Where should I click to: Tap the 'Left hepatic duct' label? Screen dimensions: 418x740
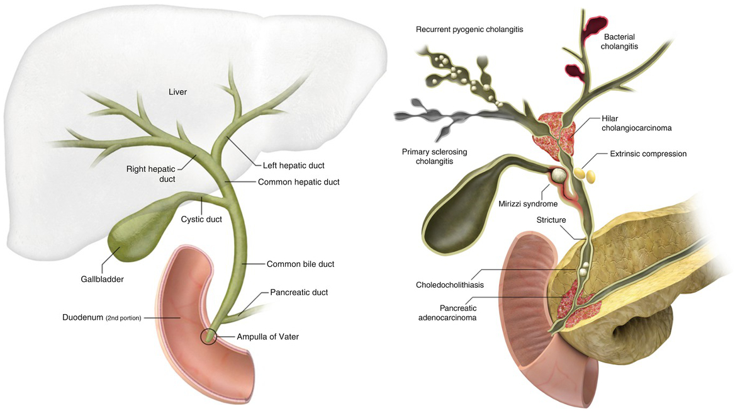coord(293,166)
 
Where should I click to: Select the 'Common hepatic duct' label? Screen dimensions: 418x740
coord(299,182)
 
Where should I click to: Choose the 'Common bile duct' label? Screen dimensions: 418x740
coord(300,264)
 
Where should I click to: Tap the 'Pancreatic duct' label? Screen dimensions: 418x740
coord(299,292)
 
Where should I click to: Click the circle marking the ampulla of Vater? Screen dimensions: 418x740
coord(208,337)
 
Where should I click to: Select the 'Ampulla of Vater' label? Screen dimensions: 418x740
coord(267,337)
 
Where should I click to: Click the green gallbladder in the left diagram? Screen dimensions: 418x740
coord(129,239)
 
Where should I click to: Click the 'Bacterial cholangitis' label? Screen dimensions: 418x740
coord(625,41)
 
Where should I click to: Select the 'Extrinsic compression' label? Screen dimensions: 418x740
coord(648,154)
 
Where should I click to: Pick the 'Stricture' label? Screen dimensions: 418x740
coord(552,220)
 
